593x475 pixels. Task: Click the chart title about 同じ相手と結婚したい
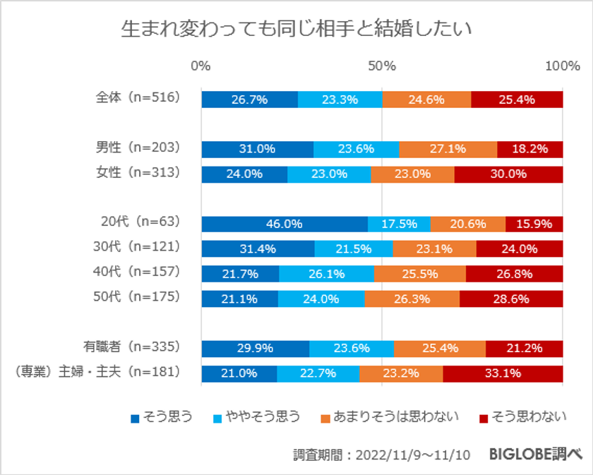pos(296,29)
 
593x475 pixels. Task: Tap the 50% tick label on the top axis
pos(382,66)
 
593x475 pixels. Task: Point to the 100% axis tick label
pos(563,66)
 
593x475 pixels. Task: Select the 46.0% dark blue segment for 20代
pos(284,224)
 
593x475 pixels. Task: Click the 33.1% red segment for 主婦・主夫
pos(503,374)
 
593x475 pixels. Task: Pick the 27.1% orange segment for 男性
pos(448,150)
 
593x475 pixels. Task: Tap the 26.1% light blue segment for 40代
pos(326,274)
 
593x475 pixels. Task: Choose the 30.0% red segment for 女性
pos(508,174)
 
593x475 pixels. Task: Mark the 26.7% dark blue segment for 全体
pos(249,100)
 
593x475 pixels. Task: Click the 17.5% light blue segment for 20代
pos(399,224)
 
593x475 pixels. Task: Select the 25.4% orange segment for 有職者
pos(439,349)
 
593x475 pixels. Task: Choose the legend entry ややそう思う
pos(262,417)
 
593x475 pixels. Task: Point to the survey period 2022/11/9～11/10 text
pos(382,455)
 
